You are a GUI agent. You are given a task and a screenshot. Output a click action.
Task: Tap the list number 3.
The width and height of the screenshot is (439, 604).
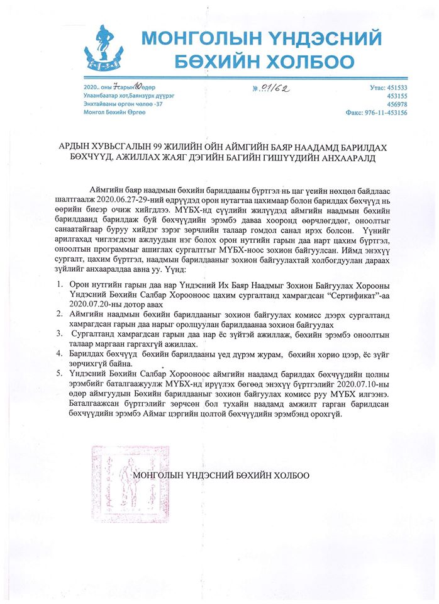pyautogui.click(x=60, y=333)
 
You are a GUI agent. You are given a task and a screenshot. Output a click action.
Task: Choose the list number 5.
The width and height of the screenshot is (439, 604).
pyautogui.click(x=60, y=373)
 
